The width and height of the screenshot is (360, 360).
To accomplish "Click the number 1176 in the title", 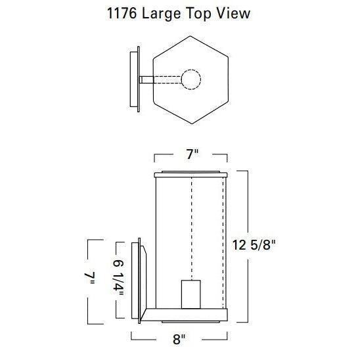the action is (x=122, y=13).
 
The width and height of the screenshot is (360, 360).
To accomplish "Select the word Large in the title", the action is (x=162, y=14).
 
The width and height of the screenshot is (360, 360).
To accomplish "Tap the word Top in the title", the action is (x=198, y=14).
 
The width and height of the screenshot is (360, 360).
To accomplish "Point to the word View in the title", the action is (x=233, y=13).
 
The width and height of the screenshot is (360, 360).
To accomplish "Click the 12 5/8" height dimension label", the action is (x=254, y=245).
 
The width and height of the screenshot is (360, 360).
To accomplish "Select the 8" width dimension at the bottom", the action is (x=179, y=340).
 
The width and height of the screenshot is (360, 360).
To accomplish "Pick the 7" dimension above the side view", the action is (x=192, y=154).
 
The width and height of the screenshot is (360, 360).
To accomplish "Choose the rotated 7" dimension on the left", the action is (x=90, y=279).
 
